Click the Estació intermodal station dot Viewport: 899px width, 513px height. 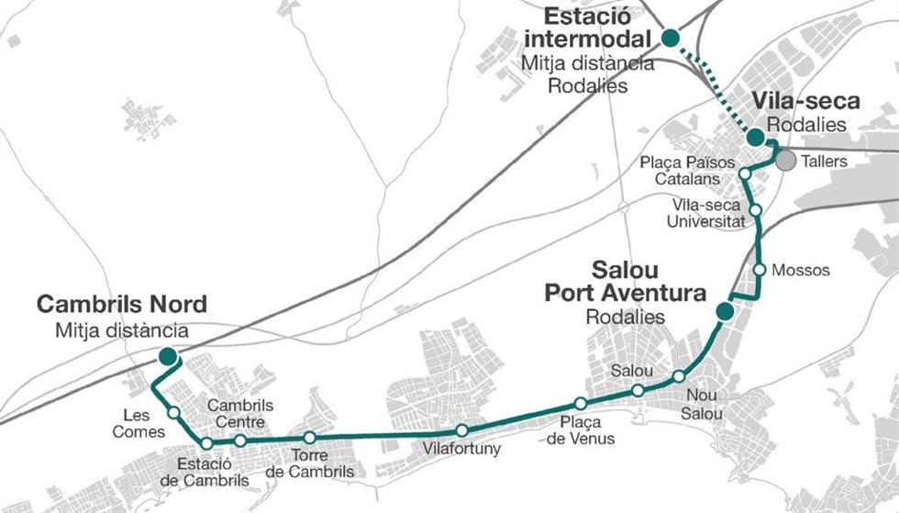click(x=671, y=38)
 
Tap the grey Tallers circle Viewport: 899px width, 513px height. click(x=785, y=161)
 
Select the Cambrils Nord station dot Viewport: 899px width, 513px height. click(x=168, y=356)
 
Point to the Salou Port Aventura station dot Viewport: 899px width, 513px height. click(x=725, y=311)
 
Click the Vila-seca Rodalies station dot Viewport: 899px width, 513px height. click(x=755, y=137)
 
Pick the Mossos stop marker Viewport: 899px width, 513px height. click(x=760, y=269)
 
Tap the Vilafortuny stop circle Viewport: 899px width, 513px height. click(x=462, y=430)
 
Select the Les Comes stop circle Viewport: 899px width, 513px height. click(x=173, y=413)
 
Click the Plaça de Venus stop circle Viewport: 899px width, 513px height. click(x=580, y=403)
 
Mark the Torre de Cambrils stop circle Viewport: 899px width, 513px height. click(x=310, y=437)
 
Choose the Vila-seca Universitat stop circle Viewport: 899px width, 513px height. click(x=756, y=210)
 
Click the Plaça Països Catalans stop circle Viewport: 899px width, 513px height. click(x=745, y=173)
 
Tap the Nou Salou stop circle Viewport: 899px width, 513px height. click(x=679, y=376)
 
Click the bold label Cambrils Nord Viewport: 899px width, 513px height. click(x=121, y=304)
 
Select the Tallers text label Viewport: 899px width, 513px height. click(x=824, y=162)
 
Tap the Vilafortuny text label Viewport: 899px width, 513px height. click(x=461, y=448)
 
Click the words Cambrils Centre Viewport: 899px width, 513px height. click(x=240, y=414)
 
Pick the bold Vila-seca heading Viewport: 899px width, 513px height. click(x=806, y=101)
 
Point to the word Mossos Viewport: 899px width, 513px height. click(x=800, y=270)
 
